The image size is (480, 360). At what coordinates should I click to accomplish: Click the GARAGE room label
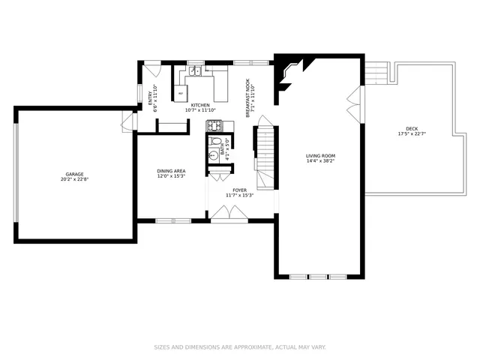[x=73, y=174]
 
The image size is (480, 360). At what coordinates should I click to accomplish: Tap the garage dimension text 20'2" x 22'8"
[x=73, y=179]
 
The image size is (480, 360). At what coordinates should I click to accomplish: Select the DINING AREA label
[x=171, y=171]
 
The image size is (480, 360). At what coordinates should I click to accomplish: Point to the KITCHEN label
[x=200, y=105]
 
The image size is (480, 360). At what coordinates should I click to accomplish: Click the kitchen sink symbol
[x=194, y=71]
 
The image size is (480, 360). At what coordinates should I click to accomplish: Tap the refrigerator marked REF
[x=181, y=93]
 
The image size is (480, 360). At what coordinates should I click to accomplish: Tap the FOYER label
[x=239, y=190]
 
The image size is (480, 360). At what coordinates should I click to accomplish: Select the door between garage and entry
[x=129, y=121]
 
